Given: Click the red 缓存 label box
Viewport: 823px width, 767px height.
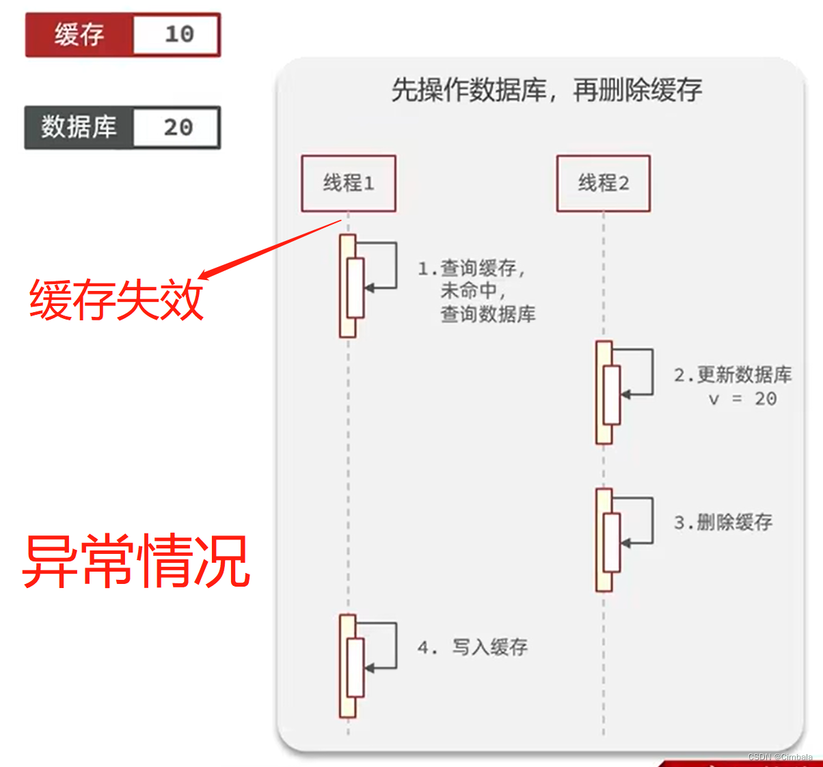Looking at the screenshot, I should (79, 35).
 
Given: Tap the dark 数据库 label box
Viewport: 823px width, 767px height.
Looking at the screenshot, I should (79, 128).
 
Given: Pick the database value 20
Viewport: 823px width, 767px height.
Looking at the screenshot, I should (178, 128).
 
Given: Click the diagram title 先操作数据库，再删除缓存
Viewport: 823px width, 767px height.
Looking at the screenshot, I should (546, 90).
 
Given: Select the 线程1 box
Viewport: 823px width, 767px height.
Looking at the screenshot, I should (349, 183).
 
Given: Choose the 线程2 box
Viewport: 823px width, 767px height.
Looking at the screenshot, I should (603, 183).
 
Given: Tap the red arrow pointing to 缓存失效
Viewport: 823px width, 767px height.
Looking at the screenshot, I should (270, 249).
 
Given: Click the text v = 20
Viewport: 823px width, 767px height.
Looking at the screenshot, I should (742, 399).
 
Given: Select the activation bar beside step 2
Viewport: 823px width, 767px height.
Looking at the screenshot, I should (605, 393).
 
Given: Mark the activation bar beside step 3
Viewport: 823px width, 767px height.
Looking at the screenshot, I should (605, 540).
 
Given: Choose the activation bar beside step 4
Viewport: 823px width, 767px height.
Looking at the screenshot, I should (349, 666).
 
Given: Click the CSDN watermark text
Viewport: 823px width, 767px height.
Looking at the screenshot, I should (780, 757).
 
